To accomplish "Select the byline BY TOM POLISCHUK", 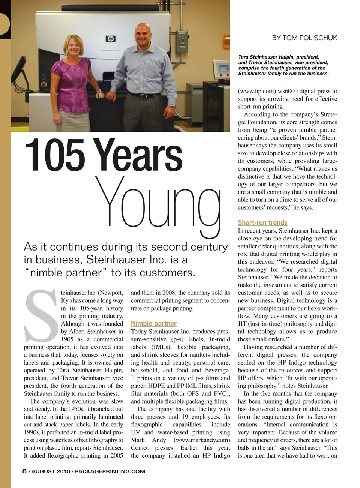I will click(304, 38).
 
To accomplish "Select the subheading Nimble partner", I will click(153, 323).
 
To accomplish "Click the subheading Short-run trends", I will click(262, 222).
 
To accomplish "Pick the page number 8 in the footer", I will click(24, 471).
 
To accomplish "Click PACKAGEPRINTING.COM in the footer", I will click(110, 471).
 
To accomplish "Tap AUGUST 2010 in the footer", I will click(51, 471).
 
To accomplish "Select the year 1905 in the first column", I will click(67, 339).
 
